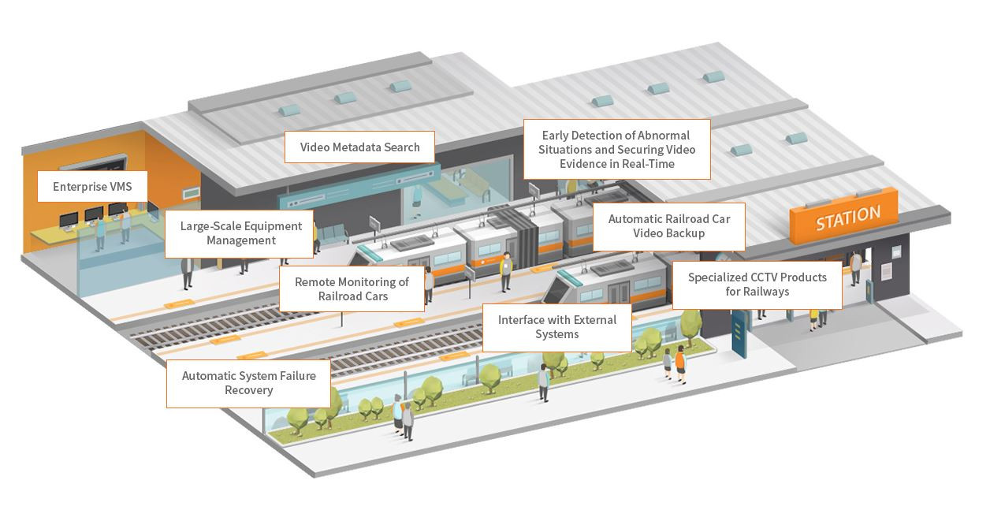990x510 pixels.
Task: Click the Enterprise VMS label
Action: [x=92, y=187]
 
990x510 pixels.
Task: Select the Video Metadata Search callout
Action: [x=359, y=147]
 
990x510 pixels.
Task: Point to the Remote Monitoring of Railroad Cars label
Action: [x=352, y=289]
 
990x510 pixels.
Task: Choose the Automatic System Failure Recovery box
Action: [x=248, y=383]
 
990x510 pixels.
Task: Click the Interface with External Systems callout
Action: [x=556, y=327]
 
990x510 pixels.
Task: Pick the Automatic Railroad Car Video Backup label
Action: [x=668, y=227]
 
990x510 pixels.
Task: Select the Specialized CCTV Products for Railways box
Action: [x=757, y=285]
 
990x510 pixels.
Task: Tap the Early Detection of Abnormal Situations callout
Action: [x=617, y=150]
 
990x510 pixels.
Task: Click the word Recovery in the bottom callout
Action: [x=249, y=390]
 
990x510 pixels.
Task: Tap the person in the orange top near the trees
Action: [x=681, y=365]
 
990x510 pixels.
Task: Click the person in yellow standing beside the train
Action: [x=506, y=272]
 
